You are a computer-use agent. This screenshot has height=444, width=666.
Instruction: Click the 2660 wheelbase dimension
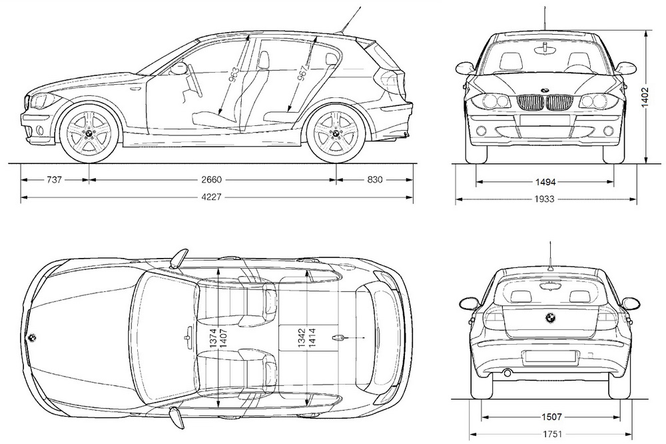[x=212, y=179]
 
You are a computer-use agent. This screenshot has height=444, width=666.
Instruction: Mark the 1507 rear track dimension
[x=550, y=417]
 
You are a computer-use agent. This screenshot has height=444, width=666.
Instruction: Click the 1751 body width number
[x=550, y=434]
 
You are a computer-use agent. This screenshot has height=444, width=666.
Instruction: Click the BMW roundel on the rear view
[x=550, y=318]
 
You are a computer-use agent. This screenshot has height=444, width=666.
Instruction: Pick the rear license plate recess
[x=549, y=357]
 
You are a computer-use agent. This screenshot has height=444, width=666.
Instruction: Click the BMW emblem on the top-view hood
[x=32, y=337]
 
